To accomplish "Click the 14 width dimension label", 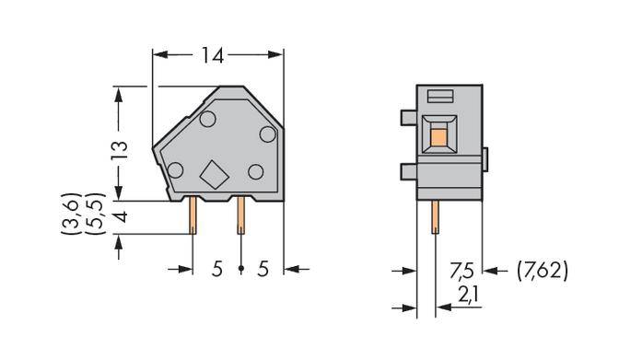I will coord(212,56).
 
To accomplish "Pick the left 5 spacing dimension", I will coord(217,269).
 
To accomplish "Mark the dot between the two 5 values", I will coord(240,269).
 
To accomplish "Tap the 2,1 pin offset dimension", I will coord(469,296).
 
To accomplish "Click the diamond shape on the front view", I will coord(216,174).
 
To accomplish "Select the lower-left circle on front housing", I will coord(173,168).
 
